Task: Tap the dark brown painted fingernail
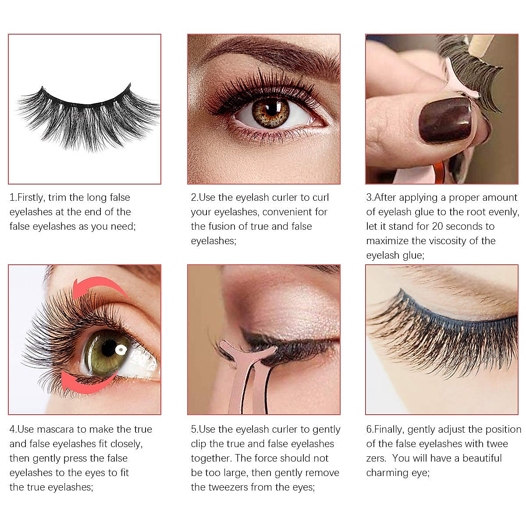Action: pyautogui.click(x=444, y=119)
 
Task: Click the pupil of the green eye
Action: pyautogui.click(x=109, y=348)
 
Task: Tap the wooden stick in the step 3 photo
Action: pyautogui.click(x=481, y=43)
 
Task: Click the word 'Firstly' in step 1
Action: pyautogui.click(x=31, y=198)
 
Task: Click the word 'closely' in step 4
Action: pyautogui.click(x=126, y=444)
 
